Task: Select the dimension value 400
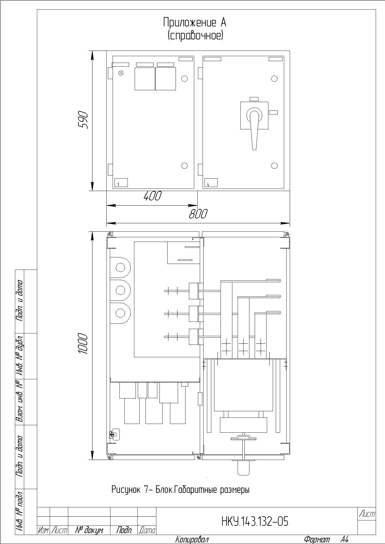tap(152, 196)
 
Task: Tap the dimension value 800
tap(198, 214)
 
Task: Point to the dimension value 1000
tap(83, 344)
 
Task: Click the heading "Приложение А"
tap(195, 22)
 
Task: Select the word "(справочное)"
tap(195, 36)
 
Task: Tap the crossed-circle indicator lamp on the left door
tap(121, 73)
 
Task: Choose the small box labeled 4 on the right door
tap(211, 183)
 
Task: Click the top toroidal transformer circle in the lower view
tap(120, 267)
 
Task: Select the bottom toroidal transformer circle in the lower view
tap(120, 313)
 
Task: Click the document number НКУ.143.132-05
tap(255, 521)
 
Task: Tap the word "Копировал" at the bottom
tap(192, 540)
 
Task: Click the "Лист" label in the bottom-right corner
tap(367, 514)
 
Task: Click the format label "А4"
tap(344, 540)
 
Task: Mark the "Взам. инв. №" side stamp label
tap(20, 402)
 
